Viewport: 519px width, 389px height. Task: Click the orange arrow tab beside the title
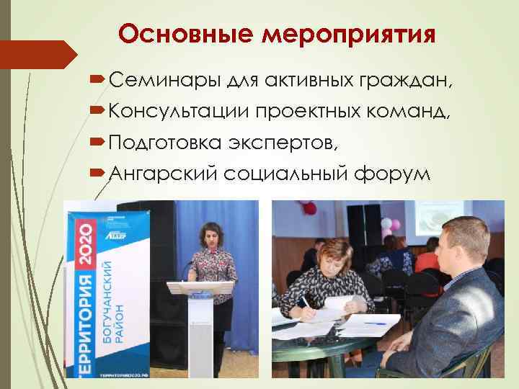pyautogui.click(x=40, y=55)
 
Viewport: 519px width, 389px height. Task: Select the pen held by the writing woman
pyautogui.click(x=307, y=302)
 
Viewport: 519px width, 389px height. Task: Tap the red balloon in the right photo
pyautogui.click(x=311, y=208)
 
